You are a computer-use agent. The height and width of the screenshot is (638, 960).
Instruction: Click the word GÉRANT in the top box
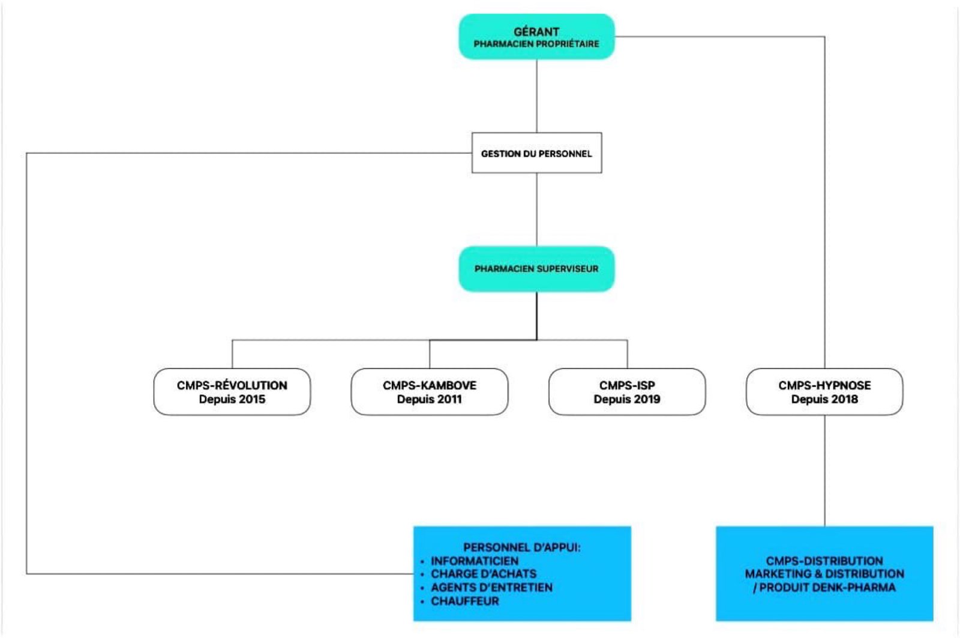(x=536, y=31)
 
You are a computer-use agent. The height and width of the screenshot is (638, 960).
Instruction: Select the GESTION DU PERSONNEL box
(x=536, y=153)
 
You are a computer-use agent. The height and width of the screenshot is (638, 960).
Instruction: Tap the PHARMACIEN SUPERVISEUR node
(x=536, y=269)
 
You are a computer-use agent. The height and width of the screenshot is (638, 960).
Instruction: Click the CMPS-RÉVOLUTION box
(x=232, y=391)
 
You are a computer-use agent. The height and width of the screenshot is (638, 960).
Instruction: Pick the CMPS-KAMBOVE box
(x=429, y=391)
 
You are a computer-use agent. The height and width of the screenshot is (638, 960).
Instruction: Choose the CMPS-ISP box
(x=626, y=391)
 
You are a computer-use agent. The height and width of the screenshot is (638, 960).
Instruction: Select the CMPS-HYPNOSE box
(x=824, y=391)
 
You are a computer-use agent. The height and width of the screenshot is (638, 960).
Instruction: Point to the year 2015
(x=251, y=399)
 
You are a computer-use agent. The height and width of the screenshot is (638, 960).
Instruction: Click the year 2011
(x=449, y=399)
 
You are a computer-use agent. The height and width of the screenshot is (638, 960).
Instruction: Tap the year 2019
(x=647, y=399)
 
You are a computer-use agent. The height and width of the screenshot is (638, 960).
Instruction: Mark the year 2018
(x=844, y=399)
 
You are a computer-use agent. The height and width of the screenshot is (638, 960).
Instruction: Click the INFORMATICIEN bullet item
(x=474, y=561)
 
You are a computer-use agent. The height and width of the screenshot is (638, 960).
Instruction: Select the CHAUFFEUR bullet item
(x=464, y=601)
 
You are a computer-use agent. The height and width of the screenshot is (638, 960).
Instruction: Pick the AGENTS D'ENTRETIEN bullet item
(x=491, y=587)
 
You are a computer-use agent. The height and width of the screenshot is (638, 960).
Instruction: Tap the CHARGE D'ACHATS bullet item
(x=484, y=574)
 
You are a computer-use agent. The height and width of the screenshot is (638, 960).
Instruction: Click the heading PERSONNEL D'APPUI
(x=521, y=547)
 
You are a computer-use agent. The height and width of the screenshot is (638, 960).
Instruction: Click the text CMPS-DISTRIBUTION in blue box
(x=824, y=561)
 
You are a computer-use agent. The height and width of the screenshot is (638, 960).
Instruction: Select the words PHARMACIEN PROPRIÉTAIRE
(x=536, y=44)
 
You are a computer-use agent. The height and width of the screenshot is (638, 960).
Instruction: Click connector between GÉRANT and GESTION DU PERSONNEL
(x=536, y=96)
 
